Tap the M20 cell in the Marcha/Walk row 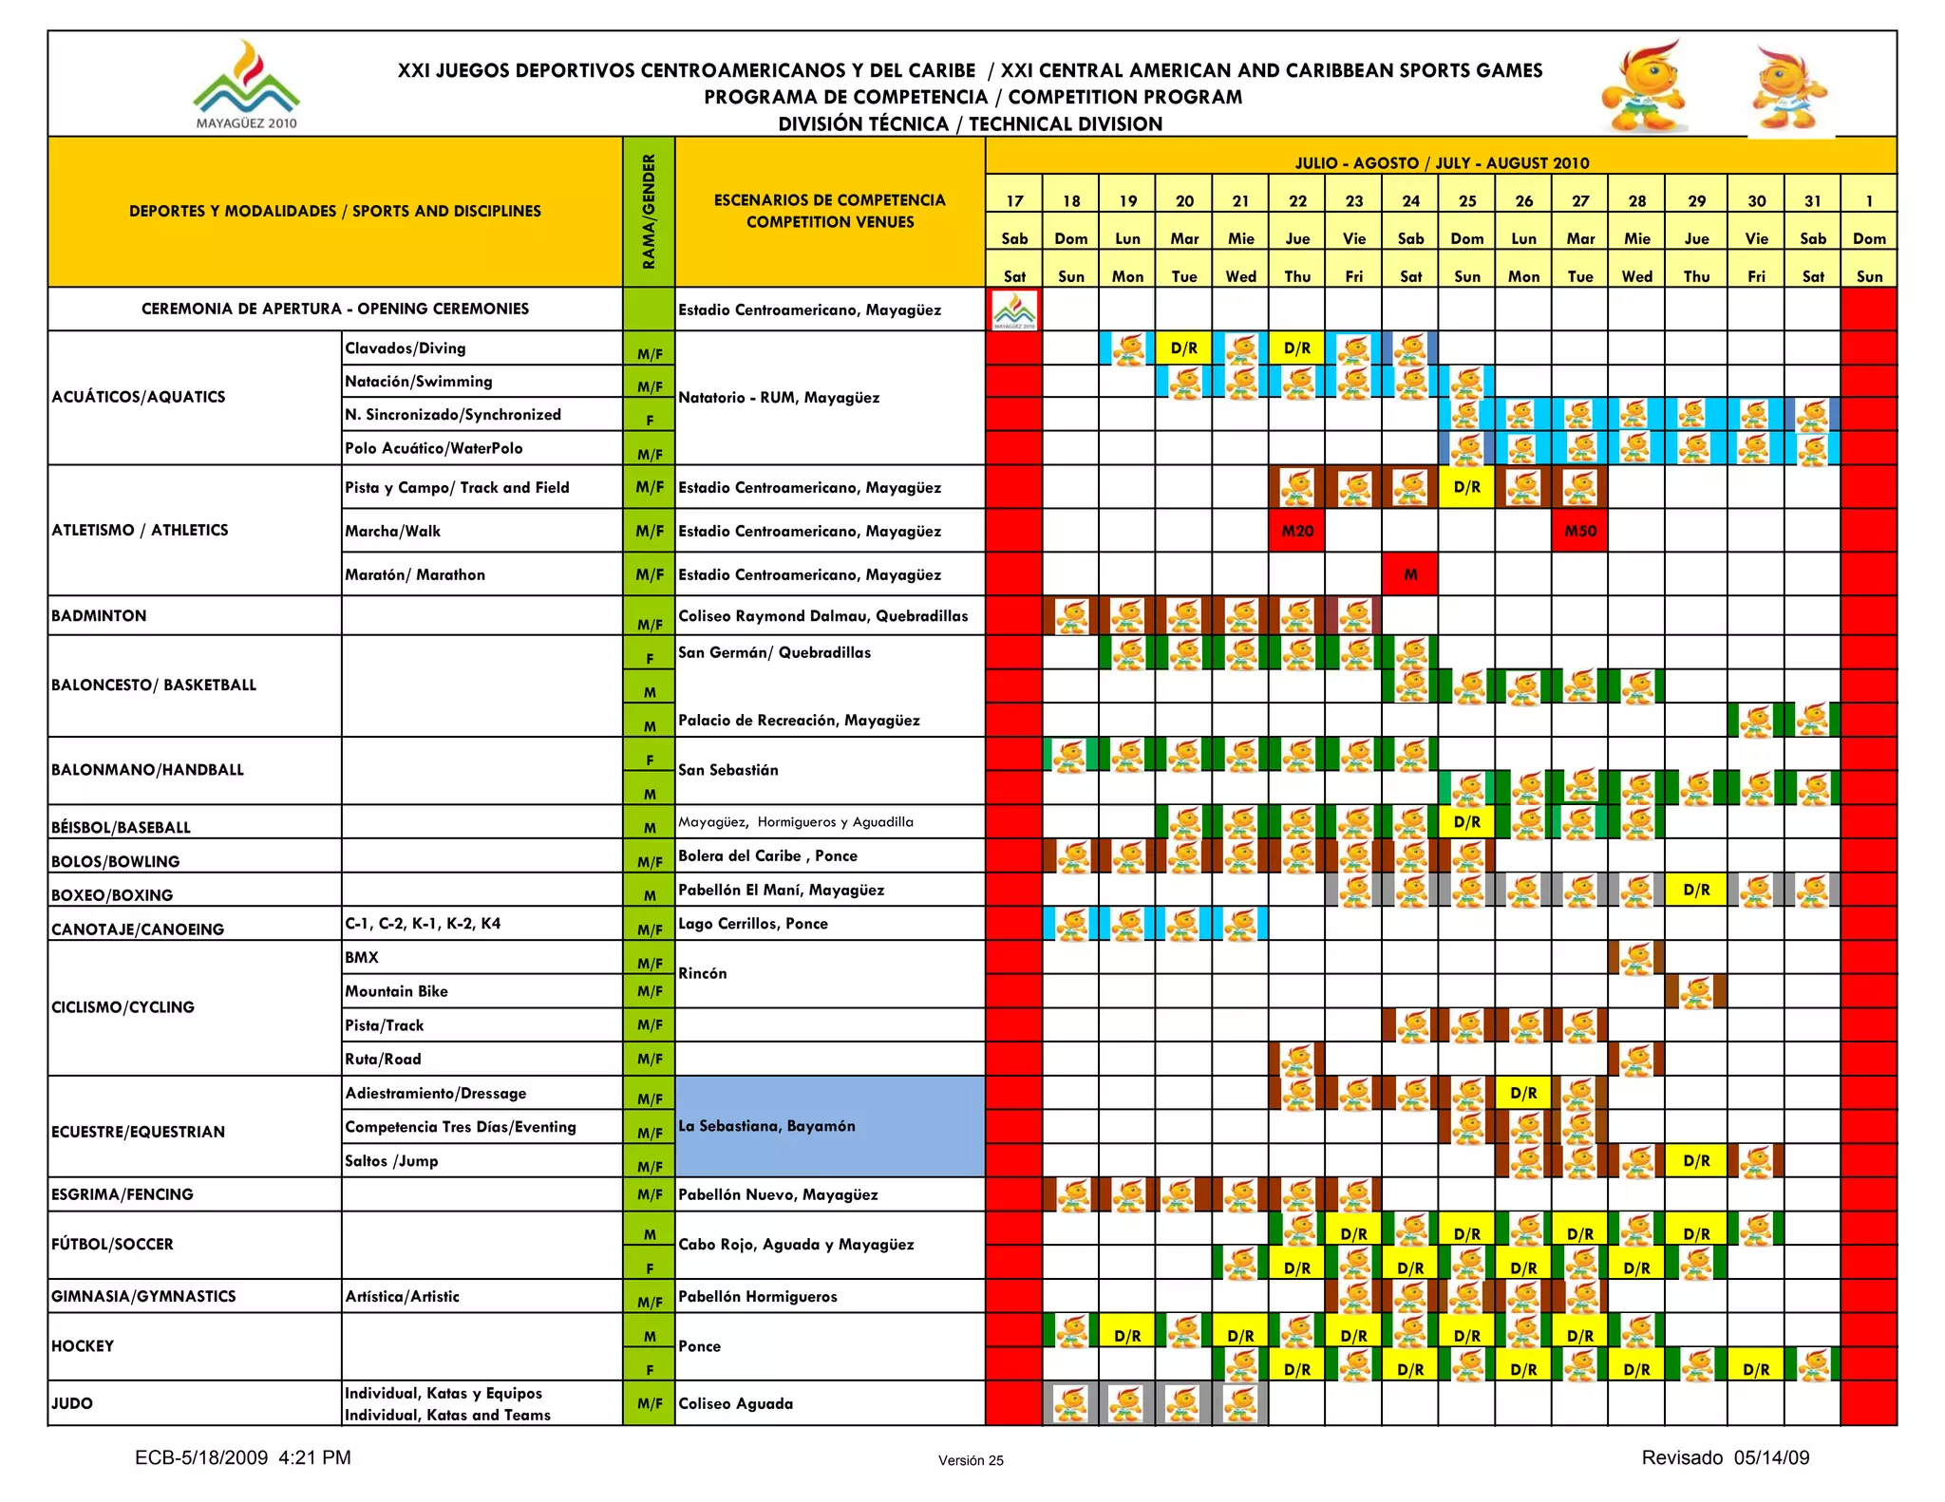[1297, 531]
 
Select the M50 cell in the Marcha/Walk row [1580, 531]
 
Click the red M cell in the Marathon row [1410, 574]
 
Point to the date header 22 [1297, 200]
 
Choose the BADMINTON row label [99, 615]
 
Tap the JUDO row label [72, 1403]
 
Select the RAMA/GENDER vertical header [650, 212]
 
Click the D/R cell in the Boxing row [1696, 890]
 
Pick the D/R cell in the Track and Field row [1467, 487]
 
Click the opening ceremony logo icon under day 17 [1014, 310]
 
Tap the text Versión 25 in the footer [971, 1460]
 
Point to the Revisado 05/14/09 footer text [1725, 1457]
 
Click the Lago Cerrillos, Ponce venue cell [753, 923]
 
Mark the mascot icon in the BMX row [1636, 958]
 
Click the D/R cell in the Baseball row [1467, 822]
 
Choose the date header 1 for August [1869, 200]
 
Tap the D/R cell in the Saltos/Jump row [1696, 1160]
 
